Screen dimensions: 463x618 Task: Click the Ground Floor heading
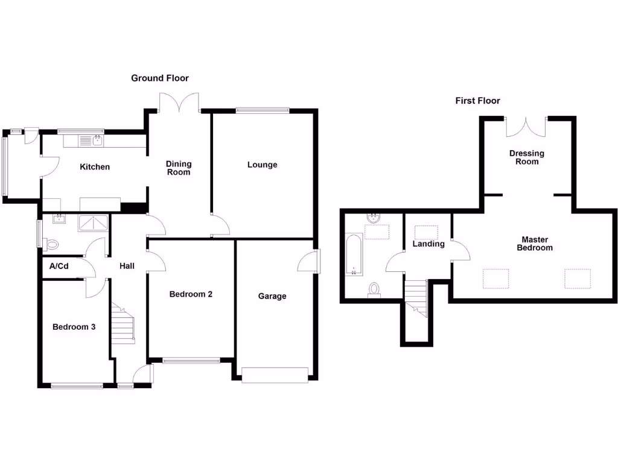pos(160,78)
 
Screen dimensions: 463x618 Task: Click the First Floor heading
pos(477,101)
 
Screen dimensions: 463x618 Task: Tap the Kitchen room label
pos(95,167)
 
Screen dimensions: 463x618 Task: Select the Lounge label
pos(262,165)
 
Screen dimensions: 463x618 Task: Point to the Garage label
pos(272,296)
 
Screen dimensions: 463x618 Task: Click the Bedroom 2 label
pos(191,294)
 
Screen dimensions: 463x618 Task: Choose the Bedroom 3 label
pos(74,327)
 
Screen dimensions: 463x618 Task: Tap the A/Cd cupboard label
pos(59,266)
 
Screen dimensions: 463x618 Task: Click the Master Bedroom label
pos(535,244)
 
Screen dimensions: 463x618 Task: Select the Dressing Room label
pos(527,157)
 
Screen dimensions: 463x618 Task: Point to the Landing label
pos(428,244)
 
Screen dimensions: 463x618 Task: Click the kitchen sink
pos(97,141)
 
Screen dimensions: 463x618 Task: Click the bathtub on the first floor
pos(353,256)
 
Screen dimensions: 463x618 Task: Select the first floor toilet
pos(374,289)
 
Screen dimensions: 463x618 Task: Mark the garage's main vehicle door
pos(275,375)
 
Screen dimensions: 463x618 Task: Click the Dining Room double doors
pos(179,102)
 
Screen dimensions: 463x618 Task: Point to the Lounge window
pos(262,110)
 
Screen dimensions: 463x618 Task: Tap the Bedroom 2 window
pos(191,361)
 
